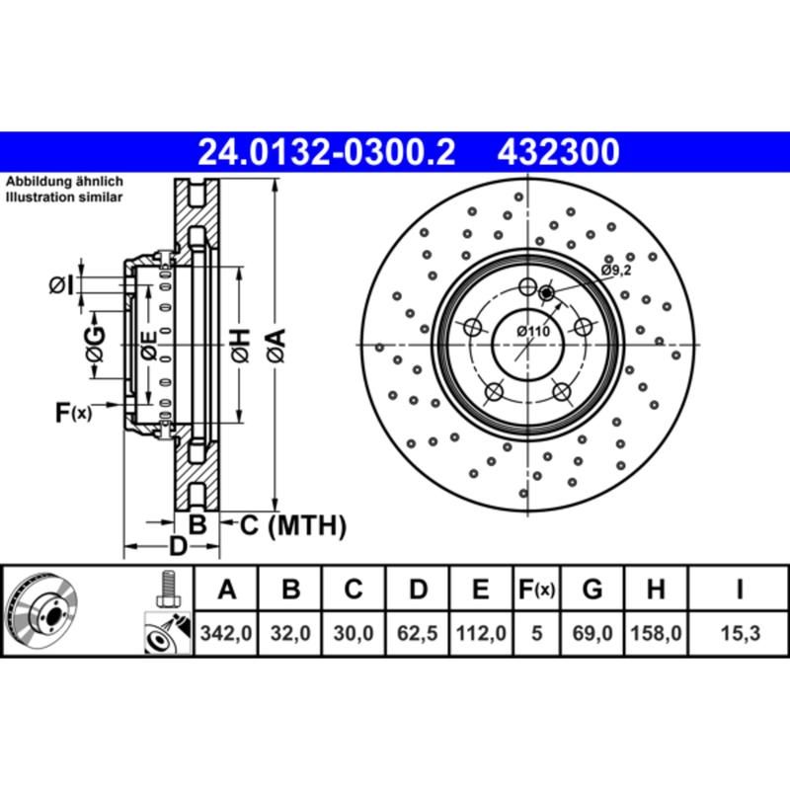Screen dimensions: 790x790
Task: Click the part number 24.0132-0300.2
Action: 326,152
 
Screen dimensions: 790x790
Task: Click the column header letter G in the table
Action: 592,590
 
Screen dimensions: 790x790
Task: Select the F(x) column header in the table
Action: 537,590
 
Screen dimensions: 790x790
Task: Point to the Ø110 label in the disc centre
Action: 532,332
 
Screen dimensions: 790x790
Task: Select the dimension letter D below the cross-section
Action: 177,546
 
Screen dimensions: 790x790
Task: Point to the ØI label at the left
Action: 62,285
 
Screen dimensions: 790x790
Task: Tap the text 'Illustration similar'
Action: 64,197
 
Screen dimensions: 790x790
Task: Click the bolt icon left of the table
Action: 168,591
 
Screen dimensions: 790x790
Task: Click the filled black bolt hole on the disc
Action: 547,291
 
